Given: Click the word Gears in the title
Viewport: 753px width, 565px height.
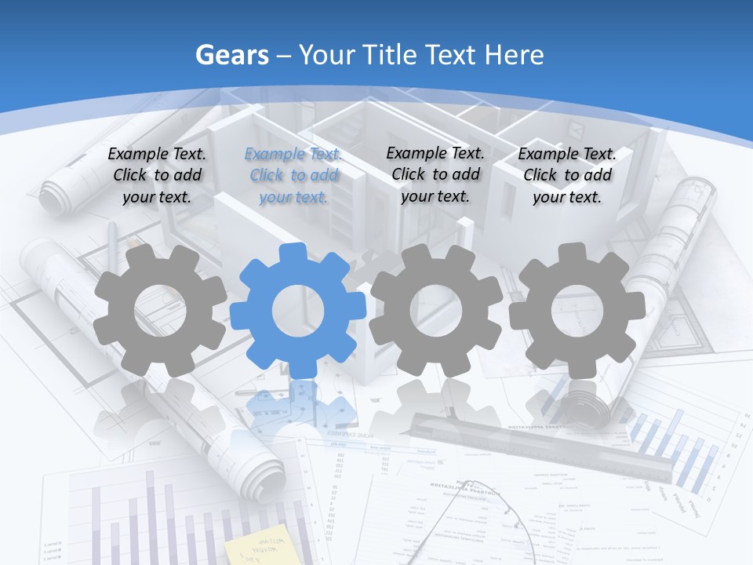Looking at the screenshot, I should click(x=231, y=55).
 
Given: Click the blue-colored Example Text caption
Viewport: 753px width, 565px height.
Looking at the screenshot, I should click(x=293, y=175).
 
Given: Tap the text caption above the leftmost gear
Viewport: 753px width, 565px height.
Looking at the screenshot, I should click(x=157, y=175).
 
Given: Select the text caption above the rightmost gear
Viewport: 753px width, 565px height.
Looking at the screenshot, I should click(x=567, y=175).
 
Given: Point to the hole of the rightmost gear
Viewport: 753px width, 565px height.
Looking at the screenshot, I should click(x=577, y=310).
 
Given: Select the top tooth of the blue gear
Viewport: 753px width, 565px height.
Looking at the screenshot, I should click(x=297, y=253).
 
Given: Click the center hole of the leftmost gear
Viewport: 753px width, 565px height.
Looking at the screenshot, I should click(x=160, y=311).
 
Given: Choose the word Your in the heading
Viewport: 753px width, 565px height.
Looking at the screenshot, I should click(x=327, y=55).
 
